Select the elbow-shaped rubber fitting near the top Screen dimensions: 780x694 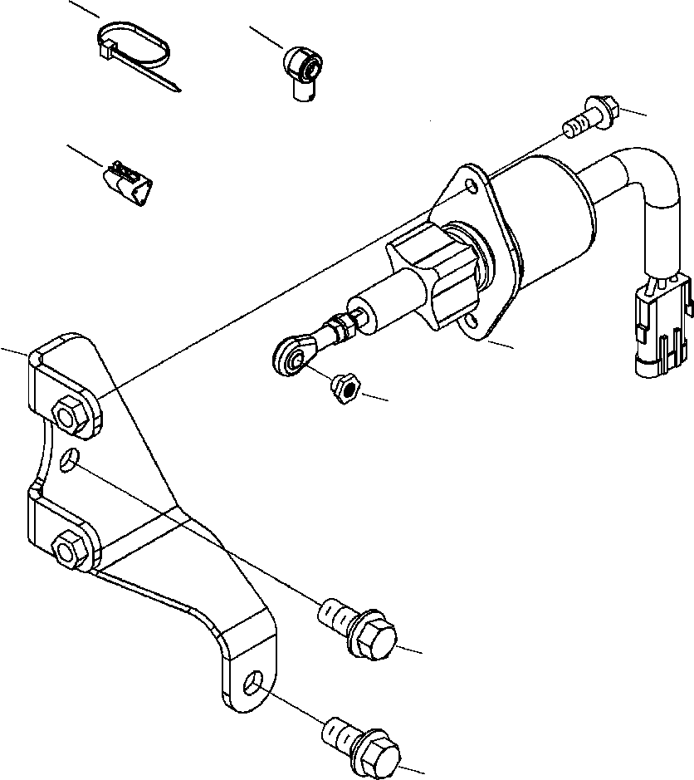point(302,73)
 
